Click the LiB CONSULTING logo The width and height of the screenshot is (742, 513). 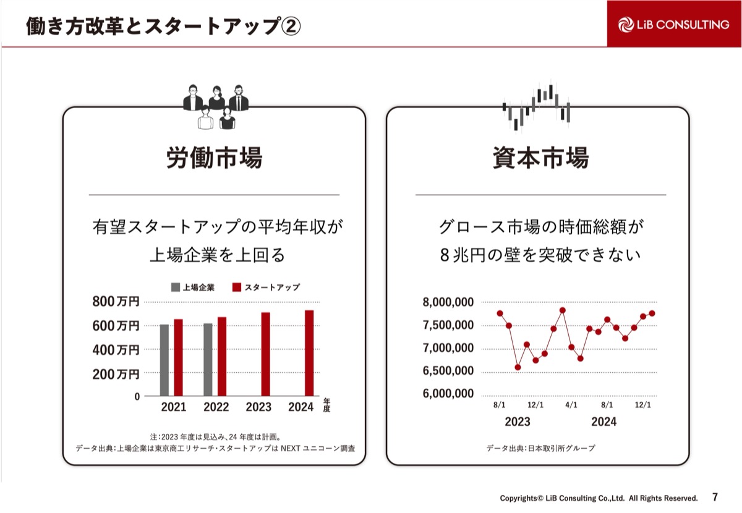coord(674,24)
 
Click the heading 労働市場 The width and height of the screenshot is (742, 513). coord(214,158)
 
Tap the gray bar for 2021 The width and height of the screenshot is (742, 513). coord(164,360)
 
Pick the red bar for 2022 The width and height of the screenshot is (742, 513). coord(222,356)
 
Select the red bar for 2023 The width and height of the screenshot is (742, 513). coord(266,354)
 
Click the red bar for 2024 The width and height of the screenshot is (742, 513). coord(309,352)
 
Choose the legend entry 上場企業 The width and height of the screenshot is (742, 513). coord(193,287)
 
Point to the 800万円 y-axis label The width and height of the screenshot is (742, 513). coord(116,302)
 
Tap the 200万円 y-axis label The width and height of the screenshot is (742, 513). coord(116,374)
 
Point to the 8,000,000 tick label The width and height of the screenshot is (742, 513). coord(448,302)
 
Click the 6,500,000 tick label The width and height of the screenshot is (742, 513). coord(448,371)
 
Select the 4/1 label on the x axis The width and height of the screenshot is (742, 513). coord(571,405)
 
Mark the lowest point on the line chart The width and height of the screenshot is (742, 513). coord(518,367)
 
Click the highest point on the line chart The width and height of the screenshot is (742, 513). coord(563,310)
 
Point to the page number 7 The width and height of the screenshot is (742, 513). coord(715,497)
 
